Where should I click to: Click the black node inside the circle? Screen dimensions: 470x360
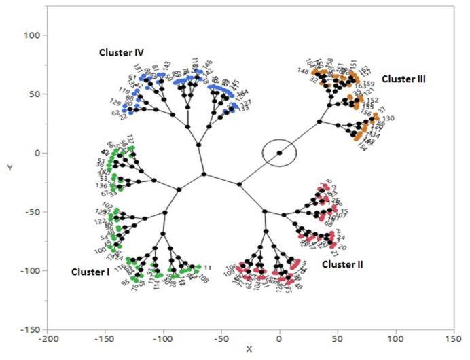coord(279,153)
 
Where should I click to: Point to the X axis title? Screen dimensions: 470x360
coord(249,350)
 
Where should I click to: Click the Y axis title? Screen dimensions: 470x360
coord(8,167)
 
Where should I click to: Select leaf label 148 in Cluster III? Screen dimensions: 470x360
coord(303,72)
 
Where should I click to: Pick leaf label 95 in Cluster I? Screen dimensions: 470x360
coord(126,283)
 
